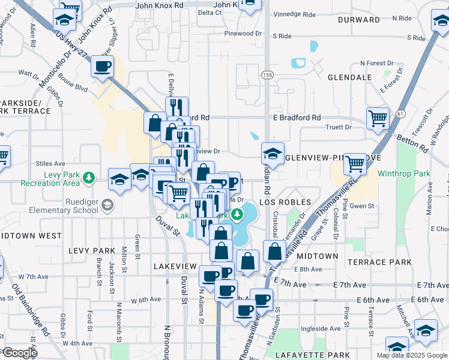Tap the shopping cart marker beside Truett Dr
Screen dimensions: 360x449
[378, 118]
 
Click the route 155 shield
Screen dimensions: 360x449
[267, 75]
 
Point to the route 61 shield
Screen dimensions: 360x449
[401, 113]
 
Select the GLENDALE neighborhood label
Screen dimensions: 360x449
[350, 77]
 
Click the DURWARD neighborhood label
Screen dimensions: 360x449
[359, 20]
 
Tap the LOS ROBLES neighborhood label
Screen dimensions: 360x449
[285, 202]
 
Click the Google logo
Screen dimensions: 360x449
[19, 353]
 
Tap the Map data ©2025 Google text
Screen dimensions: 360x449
[411, 355]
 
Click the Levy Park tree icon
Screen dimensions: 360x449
[89, 177]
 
